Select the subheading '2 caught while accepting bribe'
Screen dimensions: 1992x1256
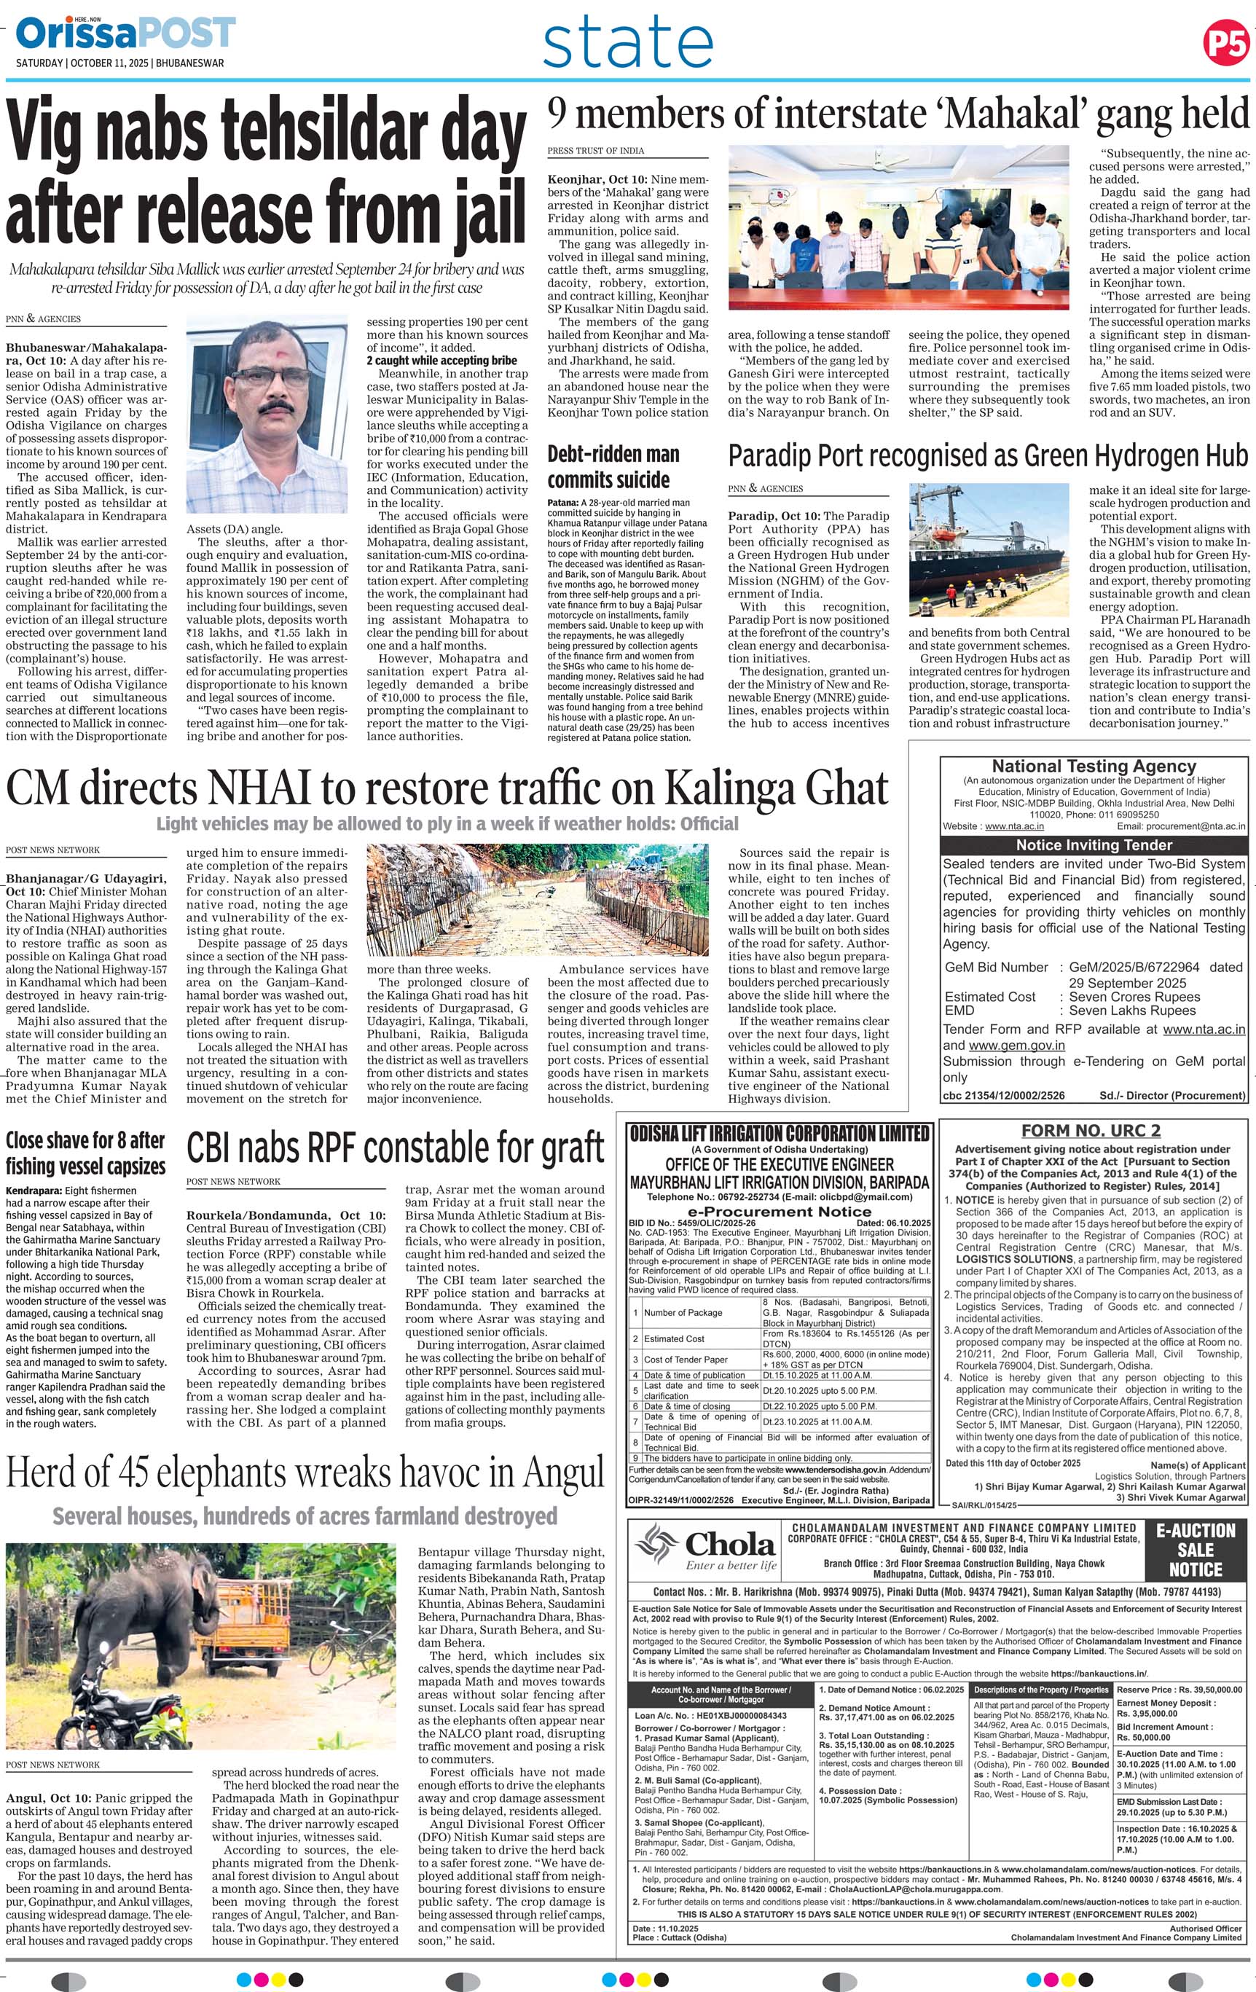click(441, 360)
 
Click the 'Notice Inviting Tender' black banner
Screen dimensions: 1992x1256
click(1094, 844)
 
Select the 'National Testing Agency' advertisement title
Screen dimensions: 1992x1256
click(1094, 766)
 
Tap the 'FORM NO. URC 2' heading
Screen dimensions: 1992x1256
click(1091, 1130)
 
